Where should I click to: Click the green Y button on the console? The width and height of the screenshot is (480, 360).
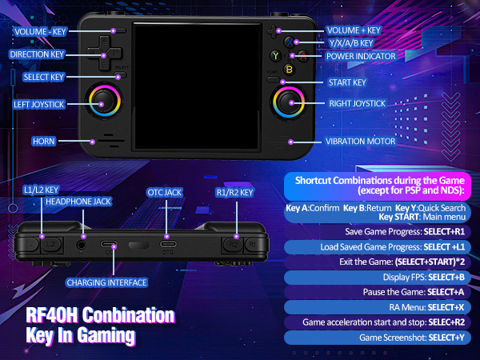pyautogui.click(x=275, y=56)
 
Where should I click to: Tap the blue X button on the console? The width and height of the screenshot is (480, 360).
pyautogui.click(x=290, y=42)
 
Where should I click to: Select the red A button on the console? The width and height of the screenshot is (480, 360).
pyautogui.click(x=303, y=56)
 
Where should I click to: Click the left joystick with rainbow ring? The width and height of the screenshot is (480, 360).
pyautogui.click(x=105, y=101)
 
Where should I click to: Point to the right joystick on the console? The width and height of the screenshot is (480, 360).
pyautogui.click(x=289, y=102)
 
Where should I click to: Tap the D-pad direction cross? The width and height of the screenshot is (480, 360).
pyautogui.click(x=105, y=54)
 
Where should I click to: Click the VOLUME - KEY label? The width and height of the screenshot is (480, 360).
pyautogui.click(x=41, y=31)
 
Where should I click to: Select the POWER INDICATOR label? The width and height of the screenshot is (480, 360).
pyautogui.click(x=361, y=56)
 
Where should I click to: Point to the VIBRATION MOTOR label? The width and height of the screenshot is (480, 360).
pyautogui.click(x=360, y=142)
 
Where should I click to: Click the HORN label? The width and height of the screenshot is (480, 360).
pyautogui.click(x=44, y=142)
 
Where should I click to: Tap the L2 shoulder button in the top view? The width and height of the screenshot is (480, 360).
pyautogui.click(x=51, y=244)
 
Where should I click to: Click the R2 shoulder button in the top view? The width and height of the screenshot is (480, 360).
pyautogui.click(x=233, y=244)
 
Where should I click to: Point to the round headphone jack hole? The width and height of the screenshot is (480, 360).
pyautogui.click(x=81, y=245)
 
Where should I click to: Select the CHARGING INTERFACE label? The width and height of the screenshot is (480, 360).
pyautogui.click(x=106, y=282)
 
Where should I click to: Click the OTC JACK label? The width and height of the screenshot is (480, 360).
pyautogui.click(x=164, y=193)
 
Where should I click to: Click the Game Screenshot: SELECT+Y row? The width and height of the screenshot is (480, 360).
pyautogui.click(x=377, y=338)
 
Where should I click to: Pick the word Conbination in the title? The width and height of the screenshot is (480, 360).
pyautogui.click(x=128, y=315)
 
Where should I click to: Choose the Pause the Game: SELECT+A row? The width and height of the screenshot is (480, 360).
pyautogui.click(x=377, y=292)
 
